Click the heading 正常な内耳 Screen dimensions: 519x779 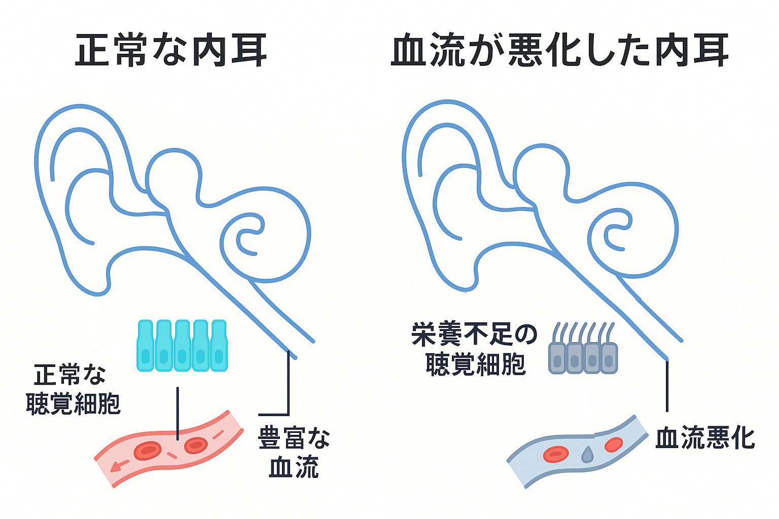tap(171, 50)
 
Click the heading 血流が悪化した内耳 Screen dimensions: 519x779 tap(559, 50)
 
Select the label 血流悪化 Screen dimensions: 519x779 tap(705, 438)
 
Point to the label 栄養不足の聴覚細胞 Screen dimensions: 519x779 tap(475, 349)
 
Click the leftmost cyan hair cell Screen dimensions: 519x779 tap(145, 346)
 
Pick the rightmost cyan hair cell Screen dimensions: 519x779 tap(219, 346)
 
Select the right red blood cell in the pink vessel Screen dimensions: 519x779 tap(195, 445)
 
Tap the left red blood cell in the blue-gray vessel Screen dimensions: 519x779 tap(555, 454)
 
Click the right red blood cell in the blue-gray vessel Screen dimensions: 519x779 tap(613, 444)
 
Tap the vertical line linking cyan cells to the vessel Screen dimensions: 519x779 tap(178, 413)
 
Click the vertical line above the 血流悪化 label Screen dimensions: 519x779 tap(667, 385)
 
